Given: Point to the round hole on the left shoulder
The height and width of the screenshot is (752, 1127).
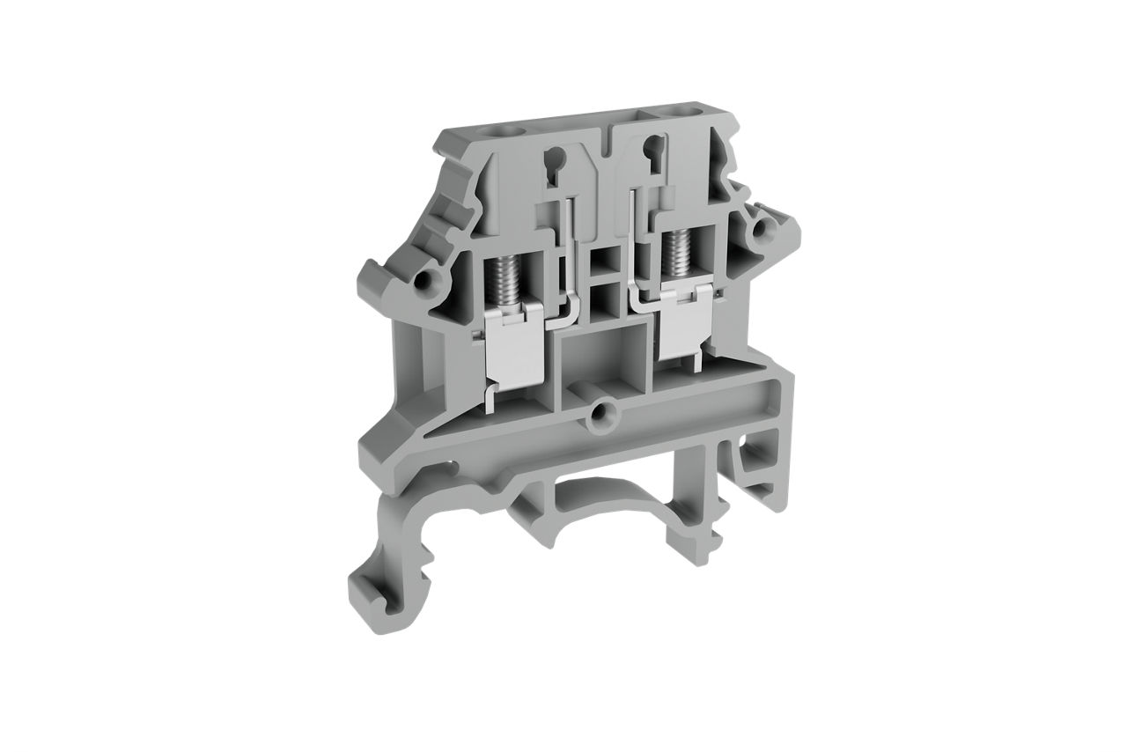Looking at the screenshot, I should tap(426, 282).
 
